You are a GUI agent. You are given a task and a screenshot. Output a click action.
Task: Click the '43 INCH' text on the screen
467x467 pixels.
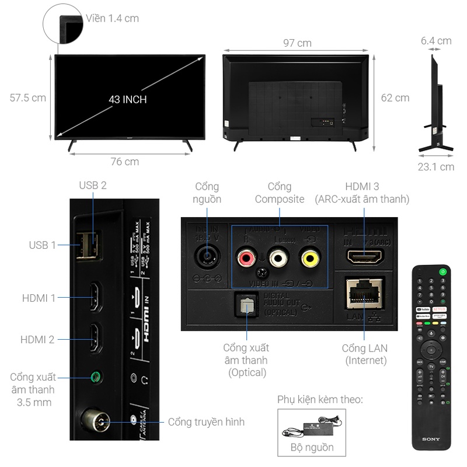tap(127, 99)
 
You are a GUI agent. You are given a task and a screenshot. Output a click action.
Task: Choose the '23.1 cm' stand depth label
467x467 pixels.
tap(435, 167)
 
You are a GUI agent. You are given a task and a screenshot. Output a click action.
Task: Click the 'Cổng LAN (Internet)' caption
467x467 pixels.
tap(365, 354)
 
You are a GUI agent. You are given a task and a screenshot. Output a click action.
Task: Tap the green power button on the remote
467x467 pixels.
tap(444, 270)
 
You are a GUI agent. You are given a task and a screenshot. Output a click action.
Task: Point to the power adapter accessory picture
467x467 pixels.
tap(312, 428)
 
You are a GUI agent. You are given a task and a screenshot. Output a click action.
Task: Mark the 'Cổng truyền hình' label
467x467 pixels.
tap(206, 421)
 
